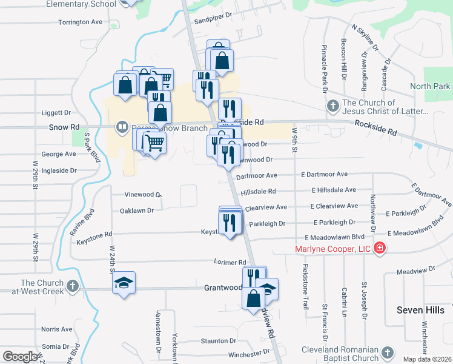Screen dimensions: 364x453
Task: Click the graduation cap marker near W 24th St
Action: (124, 283)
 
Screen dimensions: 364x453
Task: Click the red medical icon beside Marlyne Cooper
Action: (380, 249)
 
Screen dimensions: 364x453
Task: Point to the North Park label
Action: (430, 87)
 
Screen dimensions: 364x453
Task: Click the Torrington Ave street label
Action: (81, 22)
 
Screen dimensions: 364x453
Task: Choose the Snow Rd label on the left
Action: (65, 127)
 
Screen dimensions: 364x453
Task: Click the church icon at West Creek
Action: (72, 285)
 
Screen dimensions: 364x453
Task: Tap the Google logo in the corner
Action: (20, 357)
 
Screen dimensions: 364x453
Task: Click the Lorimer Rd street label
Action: (230, 262)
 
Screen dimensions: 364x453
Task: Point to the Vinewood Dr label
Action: (142, 195)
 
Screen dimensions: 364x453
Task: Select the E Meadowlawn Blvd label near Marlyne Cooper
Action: (334, 237)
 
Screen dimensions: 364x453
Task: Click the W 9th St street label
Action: (295, 140)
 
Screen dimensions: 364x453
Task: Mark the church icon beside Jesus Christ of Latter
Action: (332, 107)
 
